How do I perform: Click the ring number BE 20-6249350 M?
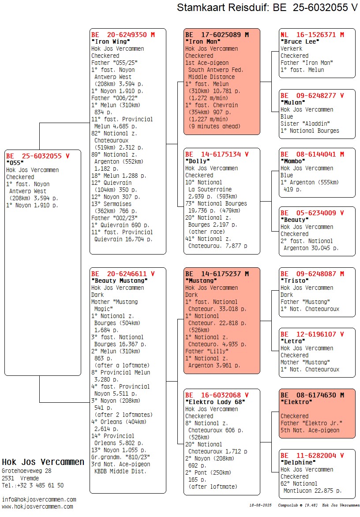[x=123, y=34]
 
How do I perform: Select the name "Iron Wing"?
[x=111, y=41]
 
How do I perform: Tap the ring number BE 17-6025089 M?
[x=217, y=34]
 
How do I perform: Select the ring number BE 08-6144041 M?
[x=312, y=154]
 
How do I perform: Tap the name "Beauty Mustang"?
[x=120, y=281]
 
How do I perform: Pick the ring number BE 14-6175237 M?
[x=217, y=273]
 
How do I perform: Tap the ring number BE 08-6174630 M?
[x=312, y=395]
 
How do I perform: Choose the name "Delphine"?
[x=298, y=462]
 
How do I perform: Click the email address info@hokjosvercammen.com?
[x=39, y=500]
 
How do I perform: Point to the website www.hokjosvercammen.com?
[x=37, y=507]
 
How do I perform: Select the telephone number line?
[x=33, y=485]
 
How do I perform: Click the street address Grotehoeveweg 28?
[x=26, y=471]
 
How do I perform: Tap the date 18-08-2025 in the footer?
[x=260, y=505]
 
